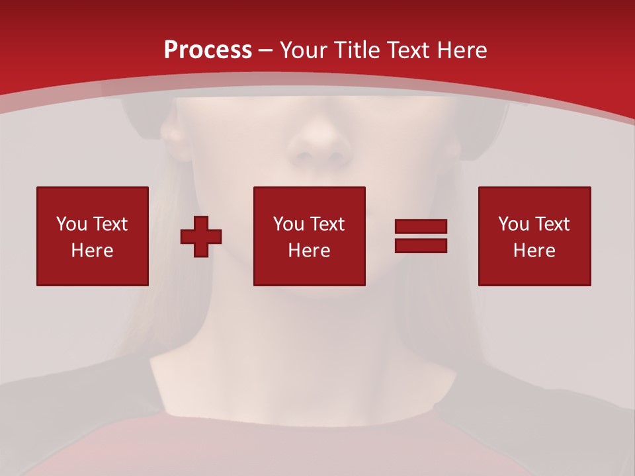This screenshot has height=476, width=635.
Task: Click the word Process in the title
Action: (x=208, y=50)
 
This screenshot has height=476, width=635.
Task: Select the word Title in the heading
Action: (x=355, y=50)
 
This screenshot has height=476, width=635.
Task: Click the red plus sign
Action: (x=201, y=236)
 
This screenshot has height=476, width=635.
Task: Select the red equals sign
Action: (x=421, y=236)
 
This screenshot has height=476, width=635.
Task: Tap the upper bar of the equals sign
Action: (x=421, y=227)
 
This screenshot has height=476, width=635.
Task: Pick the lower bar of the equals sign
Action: (x=421, y=245)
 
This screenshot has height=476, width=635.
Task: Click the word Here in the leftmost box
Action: (x=92, y=251)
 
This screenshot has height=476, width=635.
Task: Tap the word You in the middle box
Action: (x=288, y=224)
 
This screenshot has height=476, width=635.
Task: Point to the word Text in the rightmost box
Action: (x=552, y=224)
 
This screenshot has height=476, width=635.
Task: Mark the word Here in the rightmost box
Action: (x=534, y=251)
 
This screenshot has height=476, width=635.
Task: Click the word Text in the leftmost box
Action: (x=109, y=224)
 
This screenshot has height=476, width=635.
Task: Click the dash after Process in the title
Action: (x=265, y=50)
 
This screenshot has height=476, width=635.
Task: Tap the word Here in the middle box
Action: (x=309, y=251)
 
